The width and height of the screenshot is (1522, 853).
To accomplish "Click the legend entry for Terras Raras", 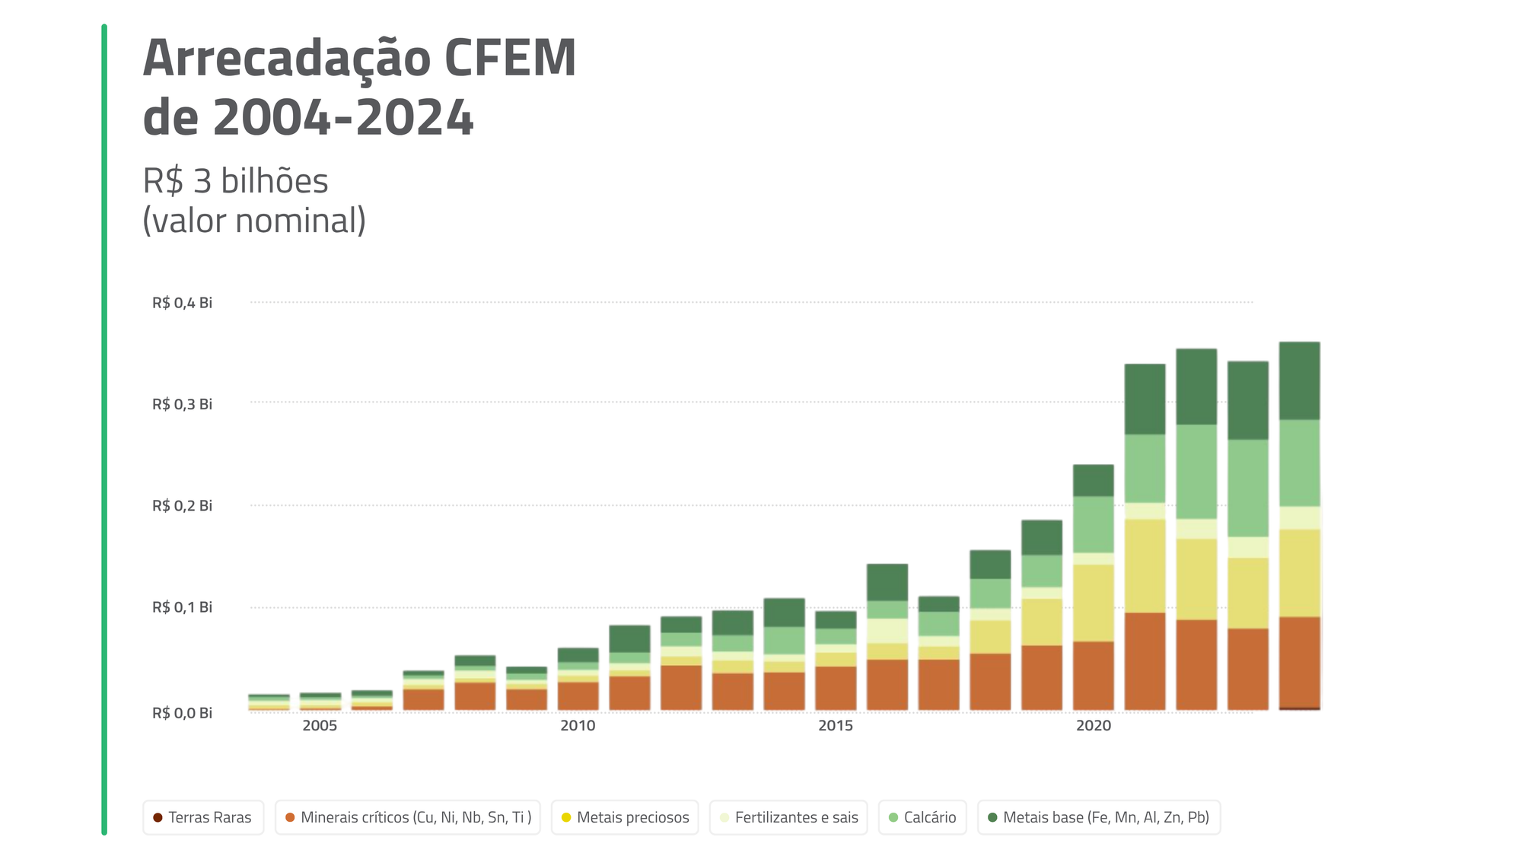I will [x=203, y=817].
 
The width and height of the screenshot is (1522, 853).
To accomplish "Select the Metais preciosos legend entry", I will [x=625, y=817].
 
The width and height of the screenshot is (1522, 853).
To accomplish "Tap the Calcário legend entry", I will [x=922, y=817].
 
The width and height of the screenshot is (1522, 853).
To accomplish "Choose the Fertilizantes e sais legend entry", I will [x=788, y=817].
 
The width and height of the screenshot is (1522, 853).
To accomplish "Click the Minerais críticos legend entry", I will [x=408, y=817].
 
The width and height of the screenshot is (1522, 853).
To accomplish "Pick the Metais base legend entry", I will [x=1098, y=817].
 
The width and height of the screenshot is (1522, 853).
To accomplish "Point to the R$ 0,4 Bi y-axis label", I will [x=182, y=303].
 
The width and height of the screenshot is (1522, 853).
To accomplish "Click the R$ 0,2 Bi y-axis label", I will [x=182, y=506].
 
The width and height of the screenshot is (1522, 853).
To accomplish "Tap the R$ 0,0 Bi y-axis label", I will [x=182, y=713].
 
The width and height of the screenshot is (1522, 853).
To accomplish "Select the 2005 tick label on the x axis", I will [x=320, y=726].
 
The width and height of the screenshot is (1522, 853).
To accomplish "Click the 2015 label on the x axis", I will [x=836, y=726].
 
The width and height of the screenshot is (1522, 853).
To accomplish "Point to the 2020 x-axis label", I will [x=1094, y=726].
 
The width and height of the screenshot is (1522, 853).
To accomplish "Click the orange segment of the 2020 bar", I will [x=1094, y=676].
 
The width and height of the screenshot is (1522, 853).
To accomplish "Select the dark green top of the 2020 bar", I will [x=1094, y=480].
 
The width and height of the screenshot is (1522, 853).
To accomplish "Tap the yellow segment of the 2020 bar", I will [x=1094, y=603].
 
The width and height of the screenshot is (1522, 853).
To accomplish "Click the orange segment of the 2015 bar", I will [x=836, y=688].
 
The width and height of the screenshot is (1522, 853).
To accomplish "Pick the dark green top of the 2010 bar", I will [x=578, y=654].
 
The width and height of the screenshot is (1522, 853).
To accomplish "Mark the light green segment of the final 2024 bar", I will [x=1300, y=463].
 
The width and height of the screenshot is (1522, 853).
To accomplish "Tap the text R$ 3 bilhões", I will [x=235, y=181].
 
